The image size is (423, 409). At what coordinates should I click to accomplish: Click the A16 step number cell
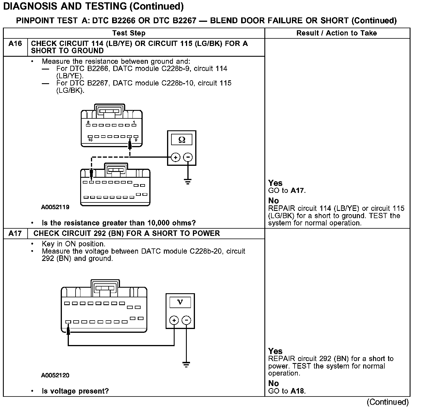point(15,44)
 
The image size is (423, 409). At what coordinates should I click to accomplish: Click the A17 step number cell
point(15,234)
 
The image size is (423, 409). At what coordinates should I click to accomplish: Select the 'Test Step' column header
point(129,33)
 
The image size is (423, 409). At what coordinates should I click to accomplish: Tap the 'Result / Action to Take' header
point(336,33)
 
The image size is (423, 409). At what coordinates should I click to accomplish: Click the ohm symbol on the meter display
point(182,140)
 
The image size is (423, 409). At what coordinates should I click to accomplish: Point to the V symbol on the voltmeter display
point(180,302)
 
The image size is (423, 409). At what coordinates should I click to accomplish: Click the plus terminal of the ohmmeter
point(175,157)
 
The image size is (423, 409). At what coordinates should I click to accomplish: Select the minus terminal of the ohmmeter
point(188,157)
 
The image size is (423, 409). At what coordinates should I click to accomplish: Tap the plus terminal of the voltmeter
point(174,320)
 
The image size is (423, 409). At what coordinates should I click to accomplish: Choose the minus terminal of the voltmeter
point(186,320)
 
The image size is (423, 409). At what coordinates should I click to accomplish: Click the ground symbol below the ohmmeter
point(188,182)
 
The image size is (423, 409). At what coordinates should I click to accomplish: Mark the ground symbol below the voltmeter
point(186,364)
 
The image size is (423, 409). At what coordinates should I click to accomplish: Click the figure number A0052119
point(55,207)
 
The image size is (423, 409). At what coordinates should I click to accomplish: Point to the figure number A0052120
point(55,375)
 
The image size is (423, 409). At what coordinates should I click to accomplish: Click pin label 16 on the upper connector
point(90,140)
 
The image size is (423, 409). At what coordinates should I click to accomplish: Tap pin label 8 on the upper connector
point(88,122)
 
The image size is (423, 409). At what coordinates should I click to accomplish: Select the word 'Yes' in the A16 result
point(275,183)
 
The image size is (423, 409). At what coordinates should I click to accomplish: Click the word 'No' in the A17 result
point(273,383)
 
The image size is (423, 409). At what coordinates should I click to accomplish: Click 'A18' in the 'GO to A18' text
point(297,391)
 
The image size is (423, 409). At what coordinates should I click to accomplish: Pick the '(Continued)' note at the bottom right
point(388,402)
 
